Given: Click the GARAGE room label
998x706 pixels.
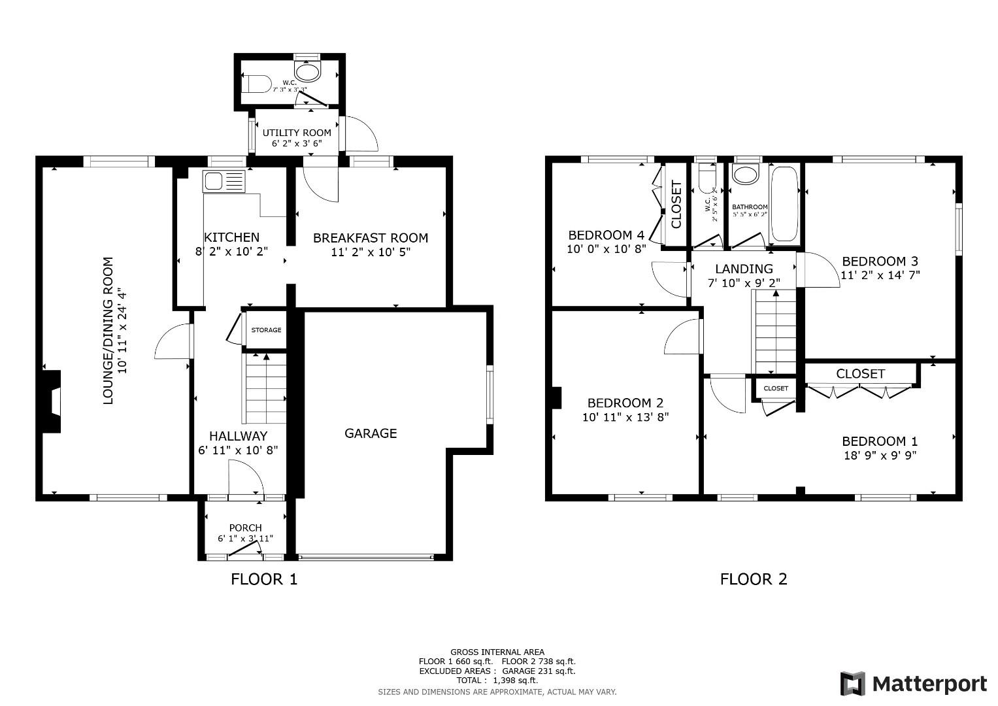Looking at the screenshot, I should pos(371,433).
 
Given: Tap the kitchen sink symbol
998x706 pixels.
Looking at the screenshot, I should pos(224,181).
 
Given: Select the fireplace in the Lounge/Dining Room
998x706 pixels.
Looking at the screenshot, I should pos(52,401).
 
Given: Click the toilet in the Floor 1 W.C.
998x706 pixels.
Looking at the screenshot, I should pos(256,84).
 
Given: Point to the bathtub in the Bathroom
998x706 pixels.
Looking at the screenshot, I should pos(784,205).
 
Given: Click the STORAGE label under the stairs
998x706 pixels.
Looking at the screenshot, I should pos(266,330).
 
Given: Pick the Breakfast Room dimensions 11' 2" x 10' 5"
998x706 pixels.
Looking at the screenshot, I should pos(371,252).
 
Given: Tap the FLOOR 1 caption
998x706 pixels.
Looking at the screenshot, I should pos(264,579).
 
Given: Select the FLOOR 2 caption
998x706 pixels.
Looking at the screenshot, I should pos(753,579).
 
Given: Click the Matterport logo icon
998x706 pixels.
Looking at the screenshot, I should pos(852,684).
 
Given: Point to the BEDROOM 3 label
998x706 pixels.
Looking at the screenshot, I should pos(880,261).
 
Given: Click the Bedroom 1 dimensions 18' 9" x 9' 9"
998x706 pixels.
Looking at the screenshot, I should pos(880,456).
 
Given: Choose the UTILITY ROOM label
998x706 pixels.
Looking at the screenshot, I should pos(297,133).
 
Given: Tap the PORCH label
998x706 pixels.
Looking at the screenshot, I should pos(245,528).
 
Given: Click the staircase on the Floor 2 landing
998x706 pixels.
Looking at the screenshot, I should pos(776,332).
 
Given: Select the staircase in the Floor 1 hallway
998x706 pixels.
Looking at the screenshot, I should pos(265,389).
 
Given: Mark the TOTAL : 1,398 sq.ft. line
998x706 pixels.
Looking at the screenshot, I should pos(497,681).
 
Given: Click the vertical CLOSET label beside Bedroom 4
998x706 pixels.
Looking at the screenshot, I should pos(676,205).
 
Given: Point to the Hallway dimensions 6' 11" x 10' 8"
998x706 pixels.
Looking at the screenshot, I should pos(238,450).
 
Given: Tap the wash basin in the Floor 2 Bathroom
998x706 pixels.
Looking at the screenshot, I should pos(744,175).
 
